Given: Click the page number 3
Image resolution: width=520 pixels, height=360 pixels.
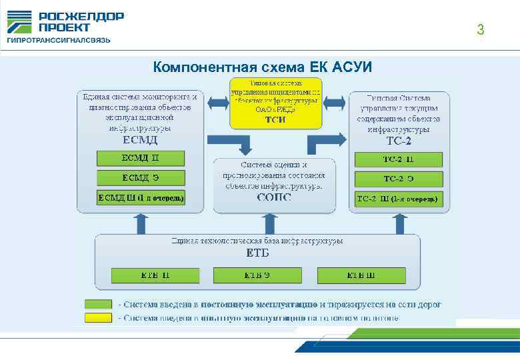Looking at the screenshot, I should [x=480, y=29].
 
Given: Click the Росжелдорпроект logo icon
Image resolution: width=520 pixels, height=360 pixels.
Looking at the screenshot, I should [x=20, y=22].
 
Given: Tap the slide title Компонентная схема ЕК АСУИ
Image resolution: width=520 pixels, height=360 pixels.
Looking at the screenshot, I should [x=263, y=67].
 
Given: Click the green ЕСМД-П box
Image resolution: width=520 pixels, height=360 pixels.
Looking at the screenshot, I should [x=141, y=158].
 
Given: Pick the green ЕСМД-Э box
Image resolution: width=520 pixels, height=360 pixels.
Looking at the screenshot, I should [x=141, y=177].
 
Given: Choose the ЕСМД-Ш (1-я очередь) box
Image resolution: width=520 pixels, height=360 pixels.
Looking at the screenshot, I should [x=141, y=197].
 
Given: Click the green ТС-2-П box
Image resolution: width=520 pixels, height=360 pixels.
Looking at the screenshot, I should [x=398, y=159].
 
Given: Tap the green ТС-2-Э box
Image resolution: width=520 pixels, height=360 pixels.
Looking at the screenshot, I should [x=398, y=179].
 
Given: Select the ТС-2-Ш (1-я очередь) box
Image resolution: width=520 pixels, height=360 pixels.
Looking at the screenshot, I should [x=398, y=199].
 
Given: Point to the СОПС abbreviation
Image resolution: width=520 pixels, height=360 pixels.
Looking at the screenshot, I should [x=274, y=197].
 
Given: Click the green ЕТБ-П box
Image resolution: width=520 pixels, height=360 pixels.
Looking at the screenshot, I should [x=155, y=275].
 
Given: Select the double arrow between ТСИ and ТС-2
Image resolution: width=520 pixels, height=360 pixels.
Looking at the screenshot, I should [x=334, y=103].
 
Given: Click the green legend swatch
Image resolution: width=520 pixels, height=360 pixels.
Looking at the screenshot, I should [x=98, y=304].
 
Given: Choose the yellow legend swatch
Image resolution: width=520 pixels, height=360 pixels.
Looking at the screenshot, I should [x=98, y=318].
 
